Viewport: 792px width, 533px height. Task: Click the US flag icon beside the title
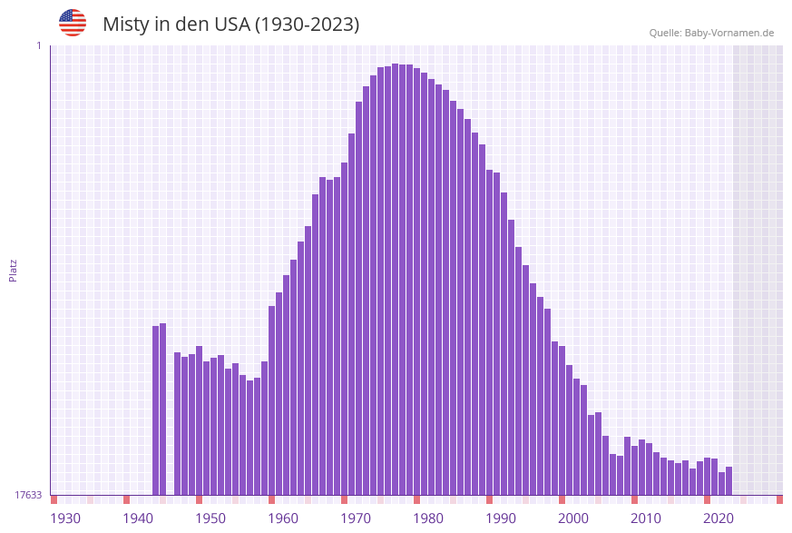(x=73, y=23)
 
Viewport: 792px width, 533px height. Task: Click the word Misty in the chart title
(x=125, y=25)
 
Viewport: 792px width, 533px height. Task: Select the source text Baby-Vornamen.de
(x=729, y=33)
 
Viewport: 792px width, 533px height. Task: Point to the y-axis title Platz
(x=13, y=270)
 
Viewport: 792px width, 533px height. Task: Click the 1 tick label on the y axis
(x=38, y=45)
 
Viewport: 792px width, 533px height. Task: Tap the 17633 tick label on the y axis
(x=28, y=495)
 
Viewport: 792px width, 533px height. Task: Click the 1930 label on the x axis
(x=65, y=518)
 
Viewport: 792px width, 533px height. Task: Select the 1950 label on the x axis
(x=210, y=518)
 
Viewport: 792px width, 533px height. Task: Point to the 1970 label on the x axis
(x=356, y=518)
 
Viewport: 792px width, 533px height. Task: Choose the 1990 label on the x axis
(x=501, y=518)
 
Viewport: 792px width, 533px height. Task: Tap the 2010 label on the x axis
(x=646, y=518)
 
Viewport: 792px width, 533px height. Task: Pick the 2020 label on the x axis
(x=719, y=518)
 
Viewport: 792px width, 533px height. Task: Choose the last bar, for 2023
(x=729, y=480)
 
